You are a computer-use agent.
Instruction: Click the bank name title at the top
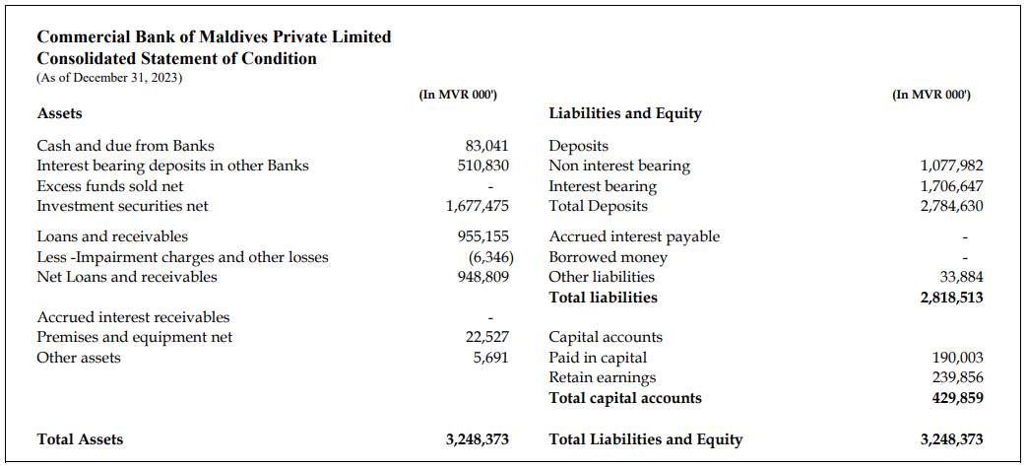[214, 37]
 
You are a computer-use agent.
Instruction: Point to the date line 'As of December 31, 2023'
[109, 77]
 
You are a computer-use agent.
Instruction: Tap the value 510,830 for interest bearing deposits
[482, 166]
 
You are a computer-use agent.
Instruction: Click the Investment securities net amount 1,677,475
[477, 206]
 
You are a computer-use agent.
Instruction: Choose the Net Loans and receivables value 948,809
[482, 277]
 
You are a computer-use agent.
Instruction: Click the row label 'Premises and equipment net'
[135, 337]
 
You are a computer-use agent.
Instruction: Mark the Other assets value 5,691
[490, 358]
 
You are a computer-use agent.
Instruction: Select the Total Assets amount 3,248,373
[477, 439]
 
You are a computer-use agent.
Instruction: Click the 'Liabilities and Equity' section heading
[625, 113]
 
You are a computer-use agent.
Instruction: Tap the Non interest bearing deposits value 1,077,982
[951, 166]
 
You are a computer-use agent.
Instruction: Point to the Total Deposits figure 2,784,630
[951, 206]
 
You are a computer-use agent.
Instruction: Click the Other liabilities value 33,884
[961, 277]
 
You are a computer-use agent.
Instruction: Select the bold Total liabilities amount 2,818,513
[951, 297]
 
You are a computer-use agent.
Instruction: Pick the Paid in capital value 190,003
[957, 358]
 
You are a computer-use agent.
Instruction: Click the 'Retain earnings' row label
[602, 377]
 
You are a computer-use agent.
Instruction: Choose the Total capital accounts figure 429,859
[957, 398]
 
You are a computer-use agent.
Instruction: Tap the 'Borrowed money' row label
[608, 257]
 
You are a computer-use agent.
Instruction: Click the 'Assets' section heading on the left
[59, 113]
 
